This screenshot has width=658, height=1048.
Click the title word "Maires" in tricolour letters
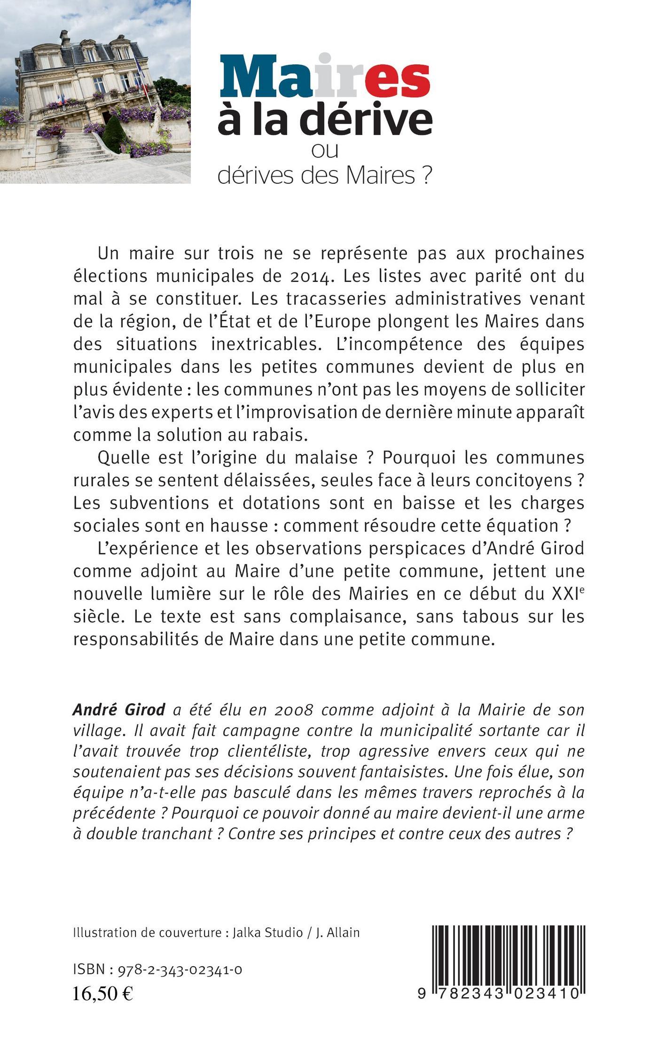point(324,78)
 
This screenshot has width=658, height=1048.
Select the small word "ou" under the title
point(325,151)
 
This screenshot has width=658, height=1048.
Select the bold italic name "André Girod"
point(119,709)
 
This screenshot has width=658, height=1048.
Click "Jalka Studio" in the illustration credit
point(268,932)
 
